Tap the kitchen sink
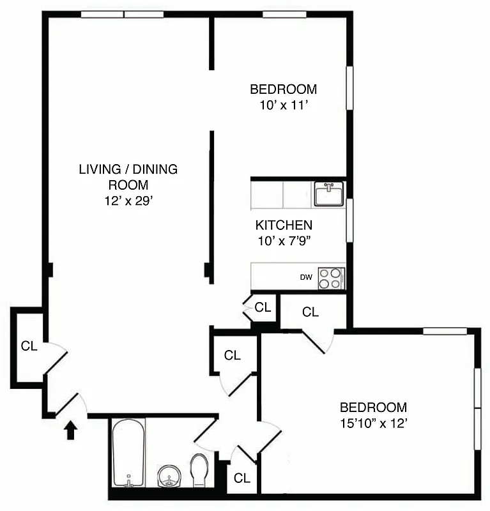[x=328, y=194]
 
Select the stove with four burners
[x=331, y=278]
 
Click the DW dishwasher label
[x=306, y=278]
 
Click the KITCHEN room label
[x=284, y=225]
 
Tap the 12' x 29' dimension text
[x=128, y=201]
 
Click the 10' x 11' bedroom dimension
[x=284, y=105]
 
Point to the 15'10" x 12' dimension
[x=373, y=423]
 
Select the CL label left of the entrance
[x=29, y=346]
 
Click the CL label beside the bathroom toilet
[x=241, y=478]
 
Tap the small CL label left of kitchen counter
[x=263, y=307]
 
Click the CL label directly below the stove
[x=310, y=312]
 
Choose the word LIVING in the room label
[x=100, y=169]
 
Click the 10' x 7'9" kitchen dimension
[x=284, y=241]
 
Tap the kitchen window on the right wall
[x=349, y=220]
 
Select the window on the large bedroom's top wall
[x=445, y=331]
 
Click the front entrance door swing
[x=72, y=404]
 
